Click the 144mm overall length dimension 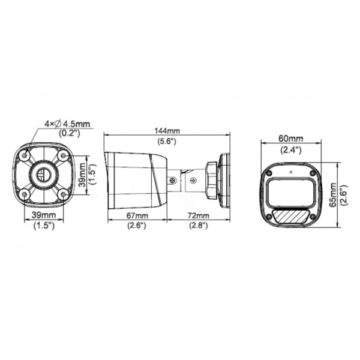(x=166, y=131)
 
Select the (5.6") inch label (x=166, y=142)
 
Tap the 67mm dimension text (x=137, y=215)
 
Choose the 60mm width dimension (x=291, y=138)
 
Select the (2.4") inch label (x=291, y=148)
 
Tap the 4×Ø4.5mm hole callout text (x=67, y=124)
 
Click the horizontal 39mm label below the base (x=44, y=215)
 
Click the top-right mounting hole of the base (x=62, y=156)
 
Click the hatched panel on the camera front (x=290, y=215)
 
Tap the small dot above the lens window (x=290, y=170)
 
